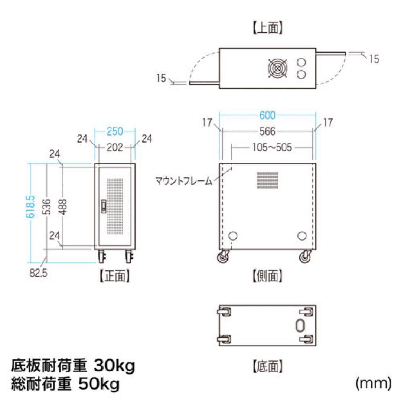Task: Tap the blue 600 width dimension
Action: point(267,115)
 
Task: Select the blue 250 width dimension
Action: point(115,131)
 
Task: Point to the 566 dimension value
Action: point(268,131)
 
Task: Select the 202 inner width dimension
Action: point(115,148)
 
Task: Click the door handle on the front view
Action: point(103,206)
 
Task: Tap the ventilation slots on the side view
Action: point(267,180)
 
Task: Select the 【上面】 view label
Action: point(268,29)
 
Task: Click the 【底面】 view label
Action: point(268,367)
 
